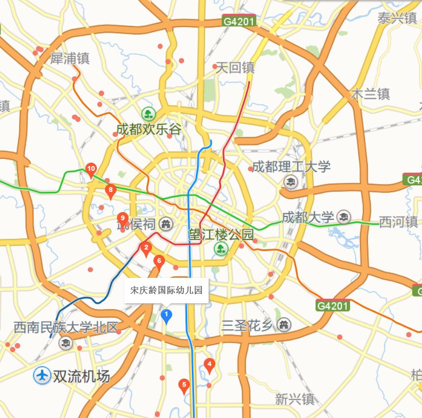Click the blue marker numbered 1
coord(166,316)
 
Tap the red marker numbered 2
coord(146,248)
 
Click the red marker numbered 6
coord(159,262)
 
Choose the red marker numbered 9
coord(123,219)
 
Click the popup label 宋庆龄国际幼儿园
coord(166,290)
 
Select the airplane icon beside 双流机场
coord(42,376)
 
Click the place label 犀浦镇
coord(70,59)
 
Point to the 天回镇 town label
coord(235,68)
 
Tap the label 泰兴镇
coord(397,18)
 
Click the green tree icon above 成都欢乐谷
coord(149,114)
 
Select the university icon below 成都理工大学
coord(291,182)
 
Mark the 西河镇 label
coord(398,222)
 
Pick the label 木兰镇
coord(370,94)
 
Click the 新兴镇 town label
coord(294,399)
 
